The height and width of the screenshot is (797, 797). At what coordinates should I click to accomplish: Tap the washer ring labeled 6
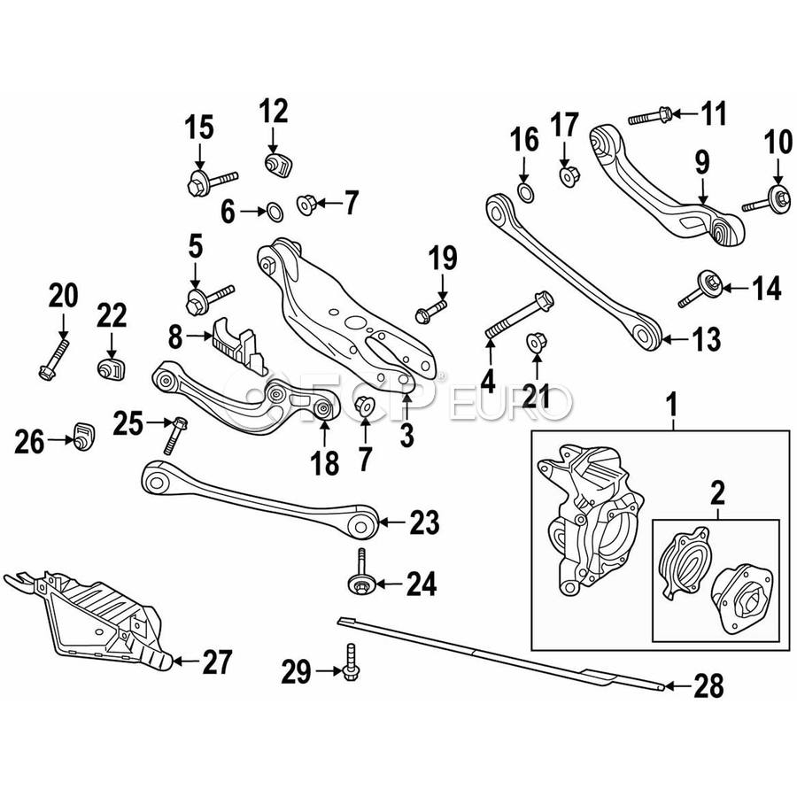click(275, 211)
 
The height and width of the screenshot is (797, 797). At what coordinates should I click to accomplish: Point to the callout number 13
click(706, 337)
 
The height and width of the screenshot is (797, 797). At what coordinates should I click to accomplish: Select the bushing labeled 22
click(111, 368)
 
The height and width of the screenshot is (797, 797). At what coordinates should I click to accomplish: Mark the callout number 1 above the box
click(673, 406)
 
